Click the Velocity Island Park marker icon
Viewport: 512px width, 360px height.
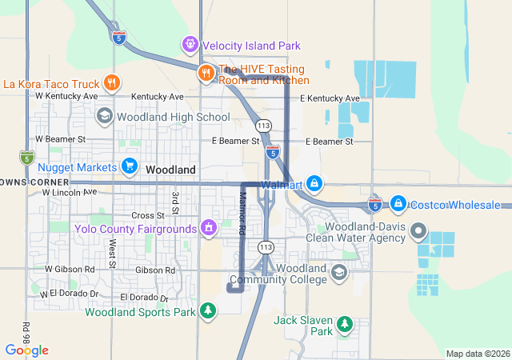tap(190, 45)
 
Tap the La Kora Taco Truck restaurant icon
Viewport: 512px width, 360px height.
tap(112, 82)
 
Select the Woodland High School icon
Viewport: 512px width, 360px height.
tap(104, 117)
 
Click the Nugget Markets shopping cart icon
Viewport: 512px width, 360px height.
tap(129, 166)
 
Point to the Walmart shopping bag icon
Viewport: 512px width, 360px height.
tap(315, 185)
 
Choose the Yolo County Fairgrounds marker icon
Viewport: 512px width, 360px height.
tap(209, 229)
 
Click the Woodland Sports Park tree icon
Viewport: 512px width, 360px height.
tap(208, 310)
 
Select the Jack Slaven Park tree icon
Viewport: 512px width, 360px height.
tap(345, 324)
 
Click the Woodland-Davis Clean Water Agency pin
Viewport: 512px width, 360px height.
tap(418, 231)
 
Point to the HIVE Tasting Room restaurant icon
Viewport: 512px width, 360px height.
tap(206, 74)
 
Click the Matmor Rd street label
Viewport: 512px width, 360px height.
tap(242, 212)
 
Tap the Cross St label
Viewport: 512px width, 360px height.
tap(147, 215)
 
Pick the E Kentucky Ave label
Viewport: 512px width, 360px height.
tap(330, 98)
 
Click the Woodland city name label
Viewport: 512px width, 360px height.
tap(170, 170)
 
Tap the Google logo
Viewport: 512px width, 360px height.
tap(26, 350)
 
